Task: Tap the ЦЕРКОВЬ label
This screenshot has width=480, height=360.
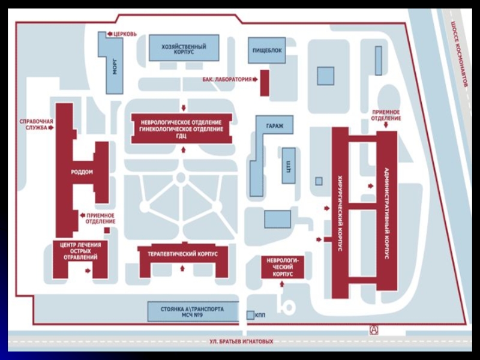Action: (125, 34)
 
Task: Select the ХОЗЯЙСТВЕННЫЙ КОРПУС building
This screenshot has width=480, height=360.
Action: (183, 49)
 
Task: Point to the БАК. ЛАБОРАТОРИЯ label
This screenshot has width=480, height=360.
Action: (227, 79)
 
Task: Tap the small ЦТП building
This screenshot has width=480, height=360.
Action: (289, 166)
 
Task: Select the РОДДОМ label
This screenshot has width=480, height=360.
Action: (82, 172)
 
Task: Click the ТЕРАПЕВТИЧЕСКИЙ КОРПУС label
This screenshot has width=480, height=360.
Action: (182, 254)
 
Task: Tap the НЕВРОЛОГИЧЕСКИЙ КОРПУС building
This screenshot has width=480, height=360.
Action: (283, 267)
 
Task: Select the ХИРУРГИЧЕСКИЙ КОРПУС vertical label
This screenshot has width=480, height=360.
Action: (340, 213)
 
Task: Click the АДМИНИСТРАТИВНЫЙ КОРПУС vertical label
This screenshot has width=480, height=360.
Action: (386, 213)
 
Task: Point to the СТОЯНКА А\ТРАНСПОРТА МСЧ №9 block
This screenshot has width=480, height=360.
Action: (192, 311)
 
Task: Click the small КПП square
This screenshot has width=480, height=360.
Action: (250, 315)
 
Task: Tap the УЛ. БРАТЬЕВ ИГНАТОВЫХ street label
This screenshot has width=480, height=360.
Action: (237, 341)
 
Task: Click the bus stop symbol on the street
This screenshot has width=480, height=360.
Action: (374, 329)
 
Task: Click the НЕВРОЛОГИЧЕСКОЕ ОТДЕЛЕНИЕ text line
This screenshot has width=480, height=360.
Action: (181, 123)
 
